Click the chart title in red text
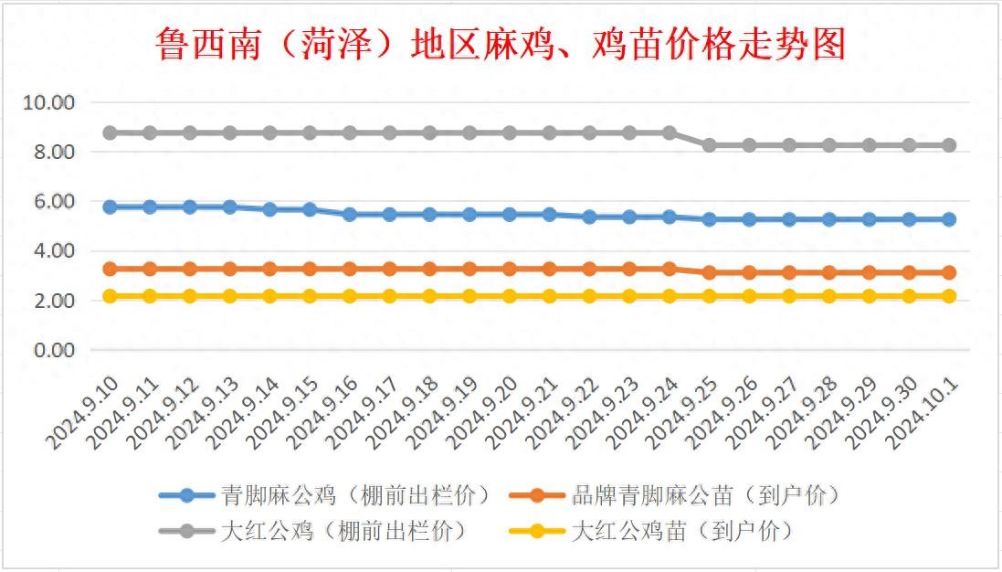point(501,43)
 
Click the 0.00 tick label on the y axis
point(53,350)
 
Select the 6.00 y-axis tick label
point(53,202)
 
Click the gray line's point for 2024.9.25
point(709,145)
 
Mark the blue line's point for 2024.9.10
point(110,207)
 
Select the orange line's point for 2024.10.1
point(949,272)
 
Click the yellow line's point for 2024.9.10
point(110,296)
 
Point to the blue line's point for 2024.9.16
point(350,215)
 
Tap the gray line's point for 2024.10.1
point(949,145)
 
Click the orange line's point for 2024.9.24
point(670,269)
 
